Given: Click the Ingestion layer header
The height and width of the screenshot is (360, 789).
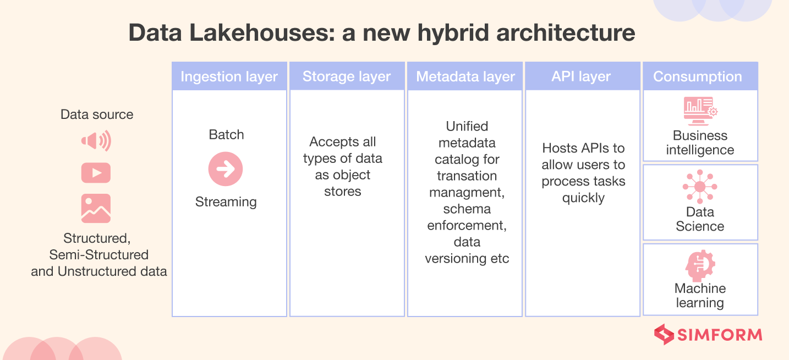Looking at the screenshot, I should click(x=229, y=77).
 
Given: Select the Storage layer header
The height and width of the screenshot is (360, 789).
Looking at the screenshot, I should click(x=347, y=77).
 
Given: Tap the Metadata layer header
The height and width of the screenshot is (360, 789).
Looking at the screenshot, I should click(x=465, y=77).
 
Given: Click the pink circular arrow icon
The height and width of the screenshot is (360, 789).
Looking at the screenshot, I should click(x=226, y=168).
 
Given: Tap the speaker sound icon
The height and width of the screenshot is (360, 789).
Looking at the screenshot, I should click(x=96, y=141).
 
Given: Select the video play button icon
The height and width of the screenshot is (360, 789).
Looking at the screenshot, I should click(x=96, y=173).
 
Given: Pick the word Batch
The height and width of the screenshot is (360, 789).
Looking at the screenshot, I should click(x=226, y=135).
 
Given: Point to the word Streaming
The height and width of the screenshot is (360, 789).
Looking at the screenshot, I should click(x=226, y=202).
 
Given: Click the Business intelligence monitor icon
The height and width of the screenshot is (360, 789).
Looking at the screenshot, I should click(x=698, y=108).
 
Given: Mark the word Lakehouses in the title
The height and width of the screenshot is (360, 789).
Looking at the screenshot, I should click(x=248, y=33).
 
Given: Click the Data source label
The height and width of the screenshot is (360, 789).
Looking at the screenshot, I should click(x=97, y=114).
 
